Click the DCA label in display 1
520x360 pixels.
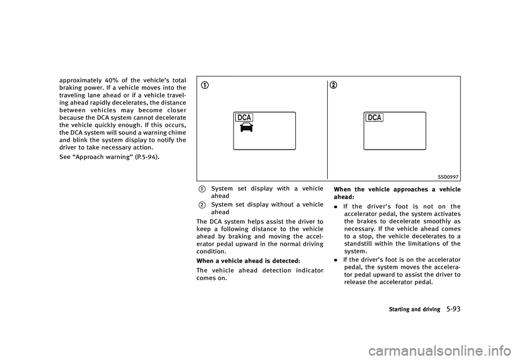pos(244,118)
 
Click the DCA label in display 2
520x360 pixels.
pos(374,118)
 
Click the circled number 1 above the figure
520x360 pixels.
pos(205,86)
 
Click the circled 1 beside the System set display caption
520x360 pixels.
pos(201,189)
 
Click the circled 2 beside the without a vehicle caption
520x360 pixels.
pos(201,205)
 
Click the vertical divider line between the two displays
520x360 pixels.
pos(327,130)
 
